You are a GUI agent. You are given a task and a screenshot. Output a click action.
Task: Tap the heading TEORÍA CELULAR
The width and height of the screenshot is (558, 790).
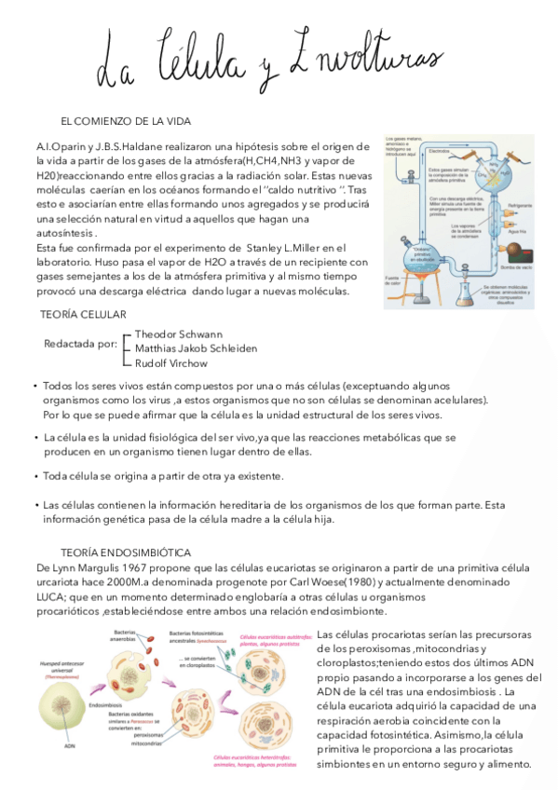click(x=88, y=314)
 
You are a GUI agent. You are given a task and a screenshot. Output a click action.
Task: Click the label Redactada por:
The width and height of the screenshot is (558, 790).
click(x=81, y=344)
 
